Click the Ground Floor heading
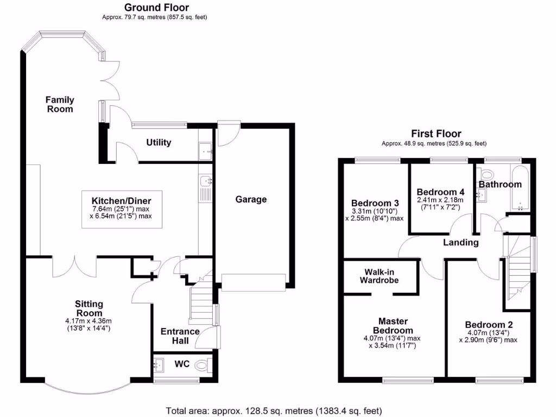[157, 7]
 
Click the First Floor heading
[436, 134]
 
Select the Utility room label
[159, 142]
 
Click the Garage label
[251, 199]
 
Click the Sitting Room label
[89, 308]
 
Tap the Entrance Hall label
[180, 336]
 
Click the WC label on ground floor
[181, 364]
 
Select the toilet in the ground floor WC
[204, 364]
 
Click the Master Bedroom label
[392, 326]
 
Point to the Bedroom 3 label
[374, 199]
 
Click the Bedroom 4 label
[440, 192]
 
